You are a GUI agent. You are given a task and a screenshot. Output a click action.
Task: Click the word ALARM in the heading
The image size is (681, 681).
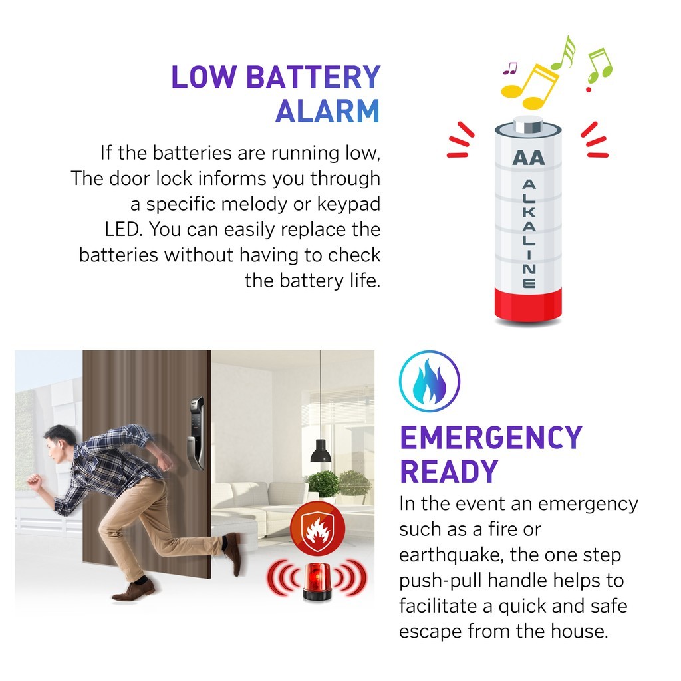[327, 112]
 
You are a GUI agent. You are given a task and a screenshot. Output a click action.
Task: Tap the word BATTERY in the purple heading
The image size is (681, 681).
[313, 77]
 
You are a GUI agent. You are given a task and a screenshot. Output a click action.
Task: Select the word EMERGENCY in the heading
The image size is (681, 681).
[491, 438]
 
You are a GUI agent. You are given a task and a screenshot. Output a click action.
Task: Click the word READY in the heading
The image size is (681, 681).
[449, 472]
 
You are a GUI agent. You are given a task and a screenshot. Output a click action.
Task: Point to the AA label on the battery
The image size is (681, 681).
[528, 158]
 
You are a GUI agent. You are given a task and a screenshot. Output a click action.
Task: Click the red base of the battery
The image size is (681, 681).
[528, 305]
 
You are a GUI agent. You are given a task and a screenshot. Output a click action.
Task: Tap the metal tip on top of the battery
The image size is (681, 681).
[528, 124]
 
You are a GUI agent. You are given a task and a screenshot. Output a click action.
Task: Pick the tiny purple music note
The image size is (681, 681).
[510, 68]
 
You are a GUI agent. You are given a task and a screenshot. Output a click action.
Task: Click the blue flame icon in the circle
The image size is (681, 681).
[430, 381]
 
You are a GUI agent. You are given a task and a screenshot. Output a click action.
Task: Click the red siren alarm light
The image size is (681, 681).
[317, 581]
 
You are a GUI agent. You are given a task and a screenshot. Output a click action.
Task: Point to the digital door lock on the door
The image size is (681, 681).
[196, 433]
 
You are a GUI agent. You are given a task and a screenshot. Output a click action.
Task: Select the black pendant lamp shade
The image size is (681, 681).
[321, 451]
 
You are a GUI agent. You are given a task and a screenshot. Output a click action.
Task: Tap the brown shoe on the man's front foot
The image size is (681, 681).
[133, 591]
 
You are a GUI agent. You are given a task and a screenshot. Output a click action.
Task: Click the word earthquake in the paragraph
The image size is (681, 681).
[452, 555]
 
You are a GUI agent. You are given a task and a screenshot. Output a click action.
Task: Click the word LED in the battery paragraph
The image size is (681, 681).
[124, 229]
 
